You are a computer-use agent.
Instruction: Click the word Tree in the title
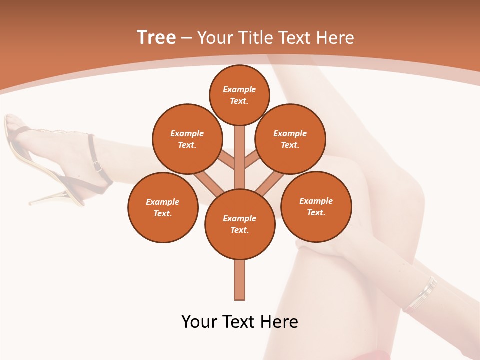[156, 38]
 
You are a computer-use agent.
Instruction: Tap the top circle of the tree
[239, 95]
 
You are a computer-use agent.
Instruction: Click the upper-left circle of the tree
[187, 139]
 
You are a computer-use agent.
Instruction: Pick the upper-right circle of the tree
[290, 139]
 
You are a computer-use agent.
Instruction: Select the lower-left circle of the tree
[163, 207]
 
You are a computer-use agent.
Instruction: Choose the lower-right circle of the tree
[316, 206]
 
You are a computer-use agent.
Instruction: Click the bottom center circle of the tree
[240, 224]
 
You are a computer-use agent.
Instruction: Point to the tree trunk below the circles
[240, 280]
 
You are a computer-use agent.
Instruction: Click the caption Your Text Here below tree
[240, 322]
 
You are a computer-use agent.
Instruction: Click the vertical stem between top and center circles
[240, 157]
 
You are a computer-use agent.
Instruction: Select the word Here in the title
[336, 38]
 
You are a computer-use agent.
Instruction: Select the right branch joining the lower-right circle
[270, 184]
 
